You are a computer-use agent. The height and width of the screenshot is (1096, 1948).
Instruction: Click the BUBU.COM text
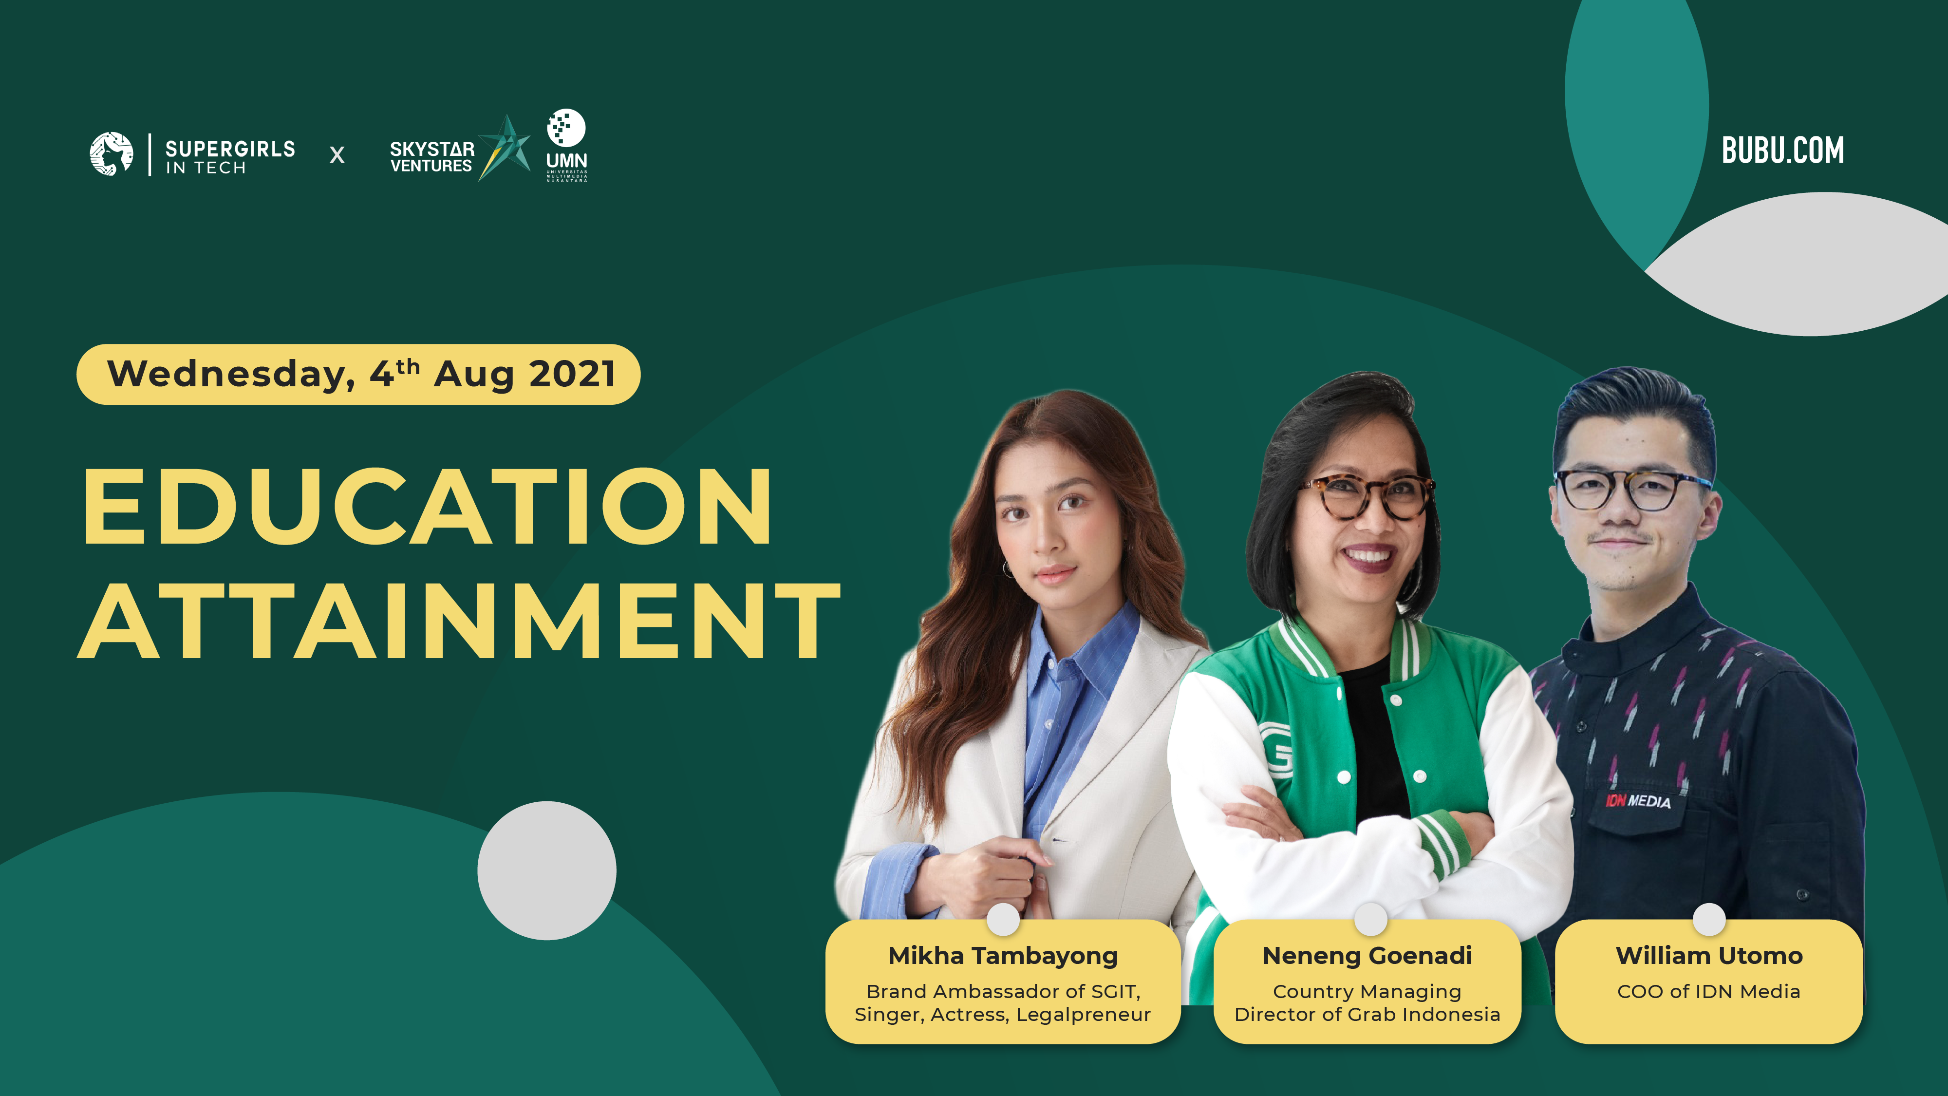(1782, 150)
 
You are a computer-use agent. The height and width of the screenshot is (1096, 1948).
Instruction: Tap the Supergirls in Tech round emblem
(111, 153)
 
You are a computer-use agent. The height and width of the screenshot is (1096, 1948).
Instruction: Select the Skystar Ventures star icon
(505, 148)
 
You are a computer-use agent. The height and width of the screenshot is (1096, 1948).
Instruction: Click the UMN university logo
(566, 145)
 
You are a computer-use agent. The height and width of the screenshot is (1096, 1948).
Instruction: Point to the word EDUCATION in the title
(427, 506)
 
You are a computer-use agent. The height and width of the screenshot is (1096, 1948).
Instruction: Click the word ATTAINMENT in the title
(459, 621)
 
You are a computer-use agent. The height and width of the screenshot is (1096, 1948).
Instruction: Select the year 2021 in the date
(572, 374)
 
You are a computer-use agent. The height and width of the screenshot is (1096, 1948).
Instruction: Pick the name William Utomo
(1709, 955)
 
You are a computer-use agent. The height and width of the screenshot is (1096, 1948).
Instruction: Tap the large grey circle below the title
(547, 870)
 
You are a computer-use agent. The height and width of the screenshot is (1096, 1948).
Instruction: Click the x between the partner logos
(337, 155)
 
